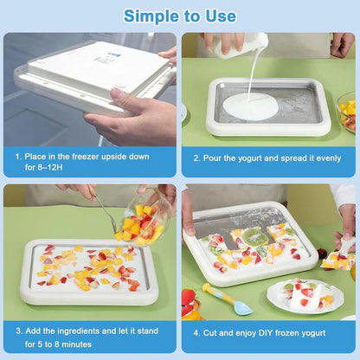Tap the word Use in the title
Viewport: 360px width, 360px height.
[221, 16]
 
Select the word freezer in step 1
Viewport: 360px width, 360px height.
[85, 157]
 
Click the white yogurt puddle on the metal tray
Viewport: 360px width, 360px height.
[251, 107]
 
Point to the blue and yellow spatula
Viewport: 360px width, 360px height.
[227, 299]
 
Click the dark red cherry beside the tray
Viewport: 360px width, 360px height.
[322, 254]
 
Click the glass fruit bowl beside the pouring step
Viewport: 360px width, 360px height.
[347, 112]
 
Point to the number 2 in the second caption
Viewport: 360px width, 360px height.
[196, 158]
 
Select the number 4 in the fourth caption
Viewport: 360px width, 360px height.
[196, 333]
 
